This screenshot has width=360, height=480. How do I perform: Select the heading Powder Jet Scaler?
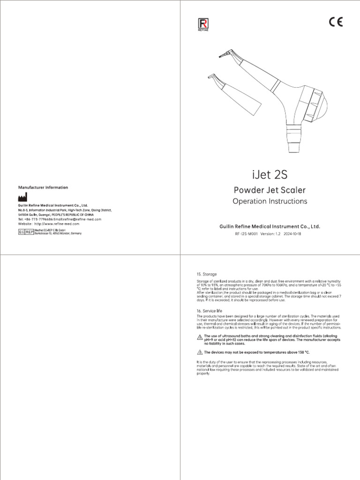point(270,190)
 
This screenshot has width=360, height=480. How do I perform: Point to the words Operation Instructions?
point(270,201)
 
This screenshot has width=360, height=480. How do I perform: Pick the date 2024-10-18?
point(293,233)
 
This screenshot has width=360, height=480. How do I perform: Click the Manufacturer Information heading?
point(43,187)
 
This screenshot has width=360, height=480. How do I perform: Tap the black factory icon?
point(22,197)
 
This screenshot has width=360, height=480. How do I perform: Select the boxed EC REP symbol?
point(26,232)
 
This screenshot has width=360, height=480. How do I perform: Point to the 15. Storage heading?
point(206,274)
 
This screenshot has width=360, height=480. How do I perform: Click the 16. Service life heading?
point(209,310)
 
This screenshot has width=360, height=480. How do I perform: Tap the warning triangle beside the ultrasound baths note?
point(200,337)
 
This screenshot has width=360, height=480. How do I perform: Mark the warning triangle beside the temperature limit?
point(200,352)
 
